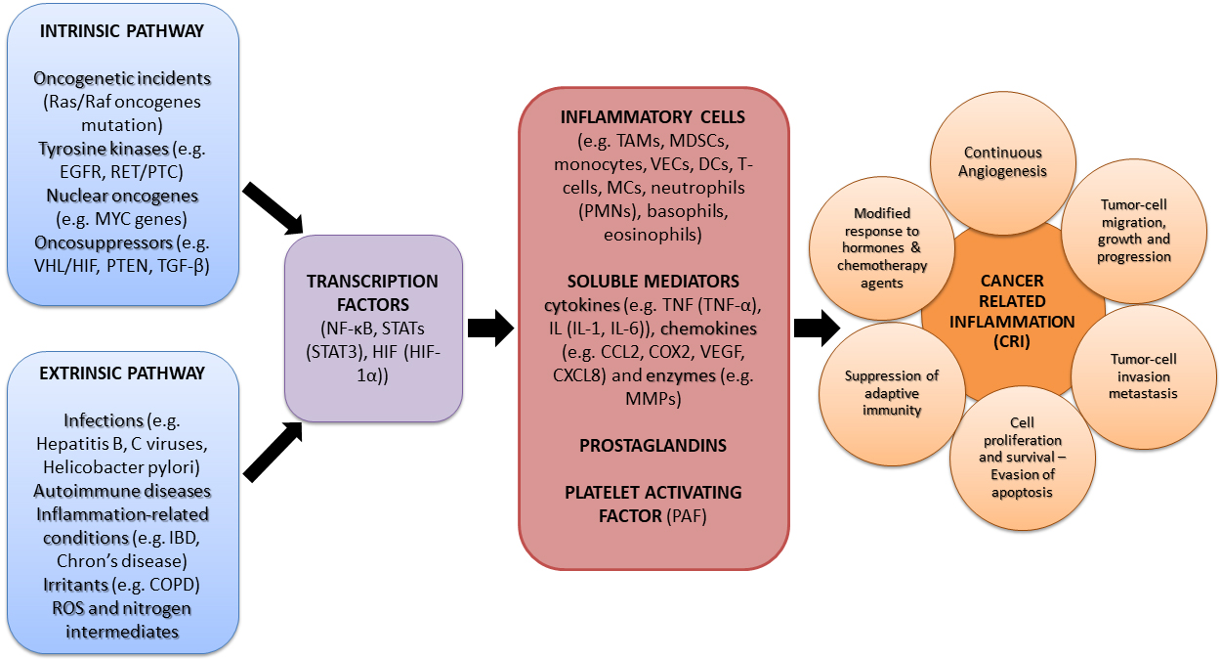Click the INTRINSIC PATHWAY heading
tap(122, 31)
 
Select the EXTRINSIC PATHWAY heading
tap(122, 373)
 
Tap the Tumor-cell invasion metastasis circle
tap(1143, 375)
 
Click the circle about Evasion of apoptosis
tap(1022, 458)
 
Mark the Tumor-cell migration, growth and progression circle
tap(1133, 230)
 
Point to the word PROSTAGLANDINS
tap(653, 446)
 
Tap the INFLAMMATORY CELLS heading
tap(653, 117)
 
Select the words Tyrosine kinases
tap(99, 149)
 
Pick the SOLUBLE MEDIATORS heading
tap(653, 282)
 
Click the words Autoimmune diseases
tap(122, 491)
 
